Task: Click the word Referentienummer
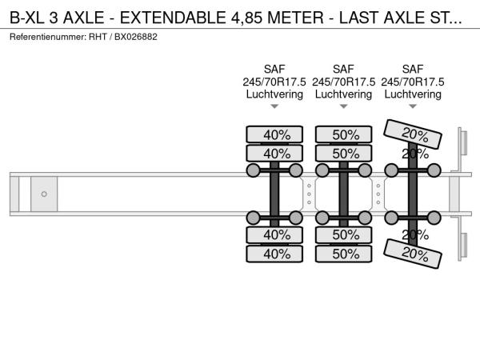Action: pos(47,38)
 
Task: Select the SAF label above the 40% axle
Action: pos(274,70)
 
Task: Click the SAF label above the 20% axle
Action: pos(414,70)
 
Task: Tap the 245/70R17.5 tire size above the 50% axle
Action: pos(344,82)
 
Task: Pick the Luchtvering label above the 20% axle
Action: pos(414,94)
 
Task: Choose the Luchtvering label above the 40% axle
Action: pos(274,94)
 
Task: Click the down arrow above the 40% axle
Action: pos(274,106)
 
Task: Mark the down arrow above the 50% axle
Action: pos(344,106)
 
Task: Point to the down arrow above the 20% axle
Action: pos(414,106)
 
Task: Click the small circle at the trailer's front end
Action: pos(44,194)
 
